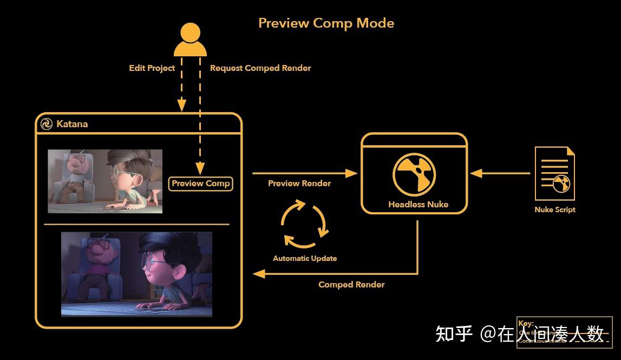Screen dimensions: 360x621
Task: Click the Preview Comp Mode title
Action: pos(326,23)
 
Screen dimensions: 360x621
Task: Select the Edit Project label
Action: pos(152,68)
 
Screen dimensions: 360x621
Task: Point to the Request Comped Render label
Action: pos(260,68)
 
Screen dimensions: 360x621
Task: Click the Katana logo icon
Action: pos(47,124)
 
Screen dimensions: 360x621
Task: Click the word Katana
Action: pos(72,124)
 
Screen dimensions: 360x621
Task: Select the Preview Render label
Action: pos(299,184)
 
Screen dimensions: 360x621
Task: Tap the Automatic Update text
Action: pos(305,258)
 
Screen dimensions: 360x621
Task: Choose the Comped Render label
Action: pos(351,285)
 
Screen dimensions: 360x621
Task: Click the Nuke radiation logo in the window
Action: pos(414,173)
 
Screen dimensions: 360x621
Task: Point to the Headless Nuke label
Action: pos(418,205)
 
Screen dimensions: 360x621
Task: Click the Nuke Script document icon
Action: pos(554,174)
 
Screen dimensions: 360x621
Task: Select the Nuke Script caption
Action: pos(555,210)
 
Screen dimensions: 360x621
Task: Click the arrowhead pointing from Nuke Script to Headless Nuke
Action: pos(476,174)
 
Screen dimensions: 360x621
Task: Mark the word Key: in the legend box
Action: pos(526,324)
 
